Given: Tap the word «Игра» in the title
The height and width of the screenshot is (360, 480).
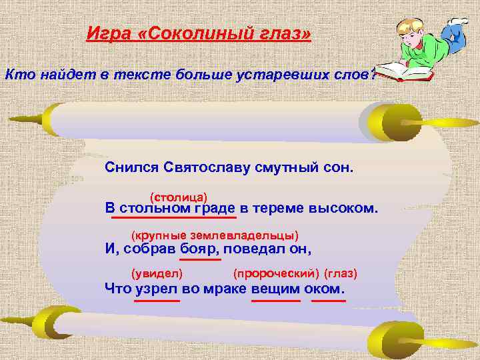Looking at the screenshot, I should tap(109, 33).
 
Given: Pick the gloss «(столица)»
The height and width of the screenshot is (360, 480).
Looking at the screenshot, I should tap(179, 196).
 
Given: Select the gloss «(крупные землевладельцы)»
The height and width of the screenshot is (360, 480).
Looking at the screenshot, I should tap(215, 236).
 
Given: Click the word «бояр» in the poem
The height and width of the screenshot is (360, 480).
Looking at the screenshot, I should tap(199, 249).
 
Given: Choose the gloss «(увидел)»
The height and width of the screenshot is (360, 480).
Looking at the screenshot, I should tap(157, 273).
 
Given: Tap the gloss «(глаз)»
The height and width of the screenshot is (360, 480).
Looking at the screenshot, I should tap(341, 273).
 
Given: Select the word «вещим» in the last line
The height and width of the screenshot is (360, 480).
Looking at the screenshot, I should tap(275, 289).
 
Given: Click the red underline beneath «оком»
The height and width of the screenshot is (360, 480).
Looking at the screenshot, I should tap(328, 301).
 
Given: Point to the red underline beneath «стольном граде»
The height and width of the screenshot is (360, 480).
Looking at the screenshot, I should tap(174, 217).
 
